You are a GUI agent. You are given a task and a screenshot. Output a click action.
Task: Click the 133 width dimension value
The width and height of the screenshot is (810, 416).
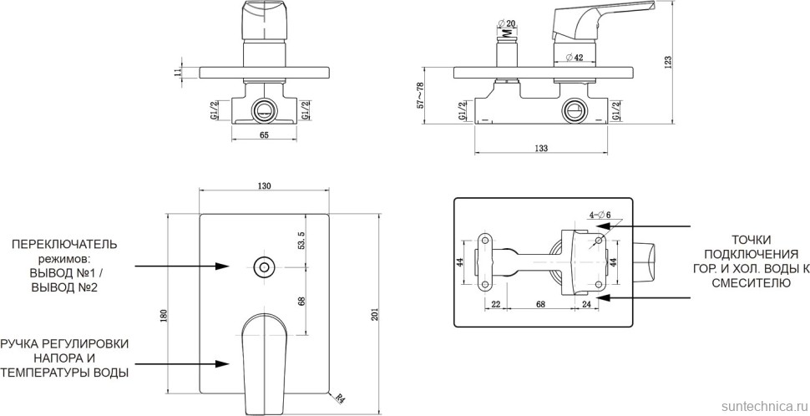pos(540,149)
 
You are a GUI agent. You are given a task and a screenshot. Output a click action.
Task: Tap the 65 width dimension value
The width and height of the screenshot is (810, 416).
pos(264,134)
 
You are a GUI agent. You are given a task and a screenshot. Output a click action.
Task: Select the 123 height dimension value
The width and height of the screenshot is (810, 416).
pos(668,62)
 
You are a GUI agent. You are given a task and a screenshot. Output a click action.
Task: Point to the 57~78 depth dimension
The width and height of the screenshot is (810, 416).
pos(420,95)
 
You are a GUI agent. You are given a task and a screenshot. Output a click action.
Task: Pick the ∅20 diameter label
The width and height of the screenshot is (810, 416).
pos(506,23)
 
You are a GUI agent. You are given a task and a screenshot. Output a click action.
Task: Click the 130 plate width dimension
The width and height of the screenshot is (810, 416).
pos(264,186)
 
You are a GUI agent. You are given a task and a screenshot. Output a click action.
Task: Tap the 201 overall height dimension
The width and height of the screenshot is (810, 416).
pos(375,314)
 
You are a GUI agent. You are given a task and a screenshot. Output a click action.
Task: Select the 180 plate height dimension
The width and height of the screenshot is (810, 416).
pos(165,315)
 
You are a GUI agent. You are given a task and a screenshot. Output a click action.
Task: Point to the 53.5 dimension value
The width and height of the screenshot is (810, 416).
pos(302,241)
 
